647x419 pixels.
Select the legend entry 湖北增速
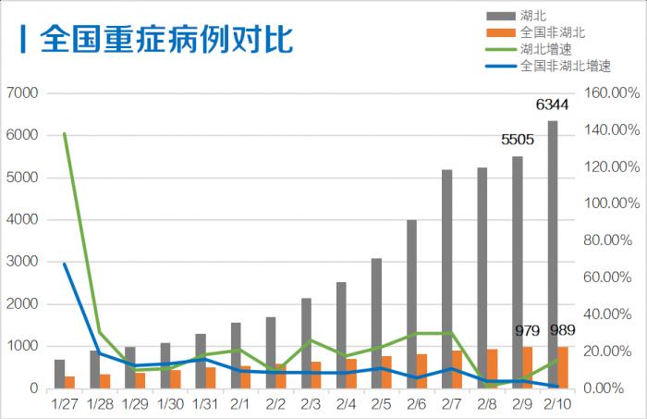point(539,49)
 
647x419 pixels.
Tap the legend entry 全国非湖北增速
point(564,66)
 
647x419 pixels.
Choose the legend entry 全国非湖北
point(551,32)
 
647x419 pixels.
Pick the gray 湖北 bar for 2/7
point(447,278)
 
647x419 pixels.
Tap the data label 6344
point(552,104)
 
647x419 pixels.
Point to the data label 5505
point(518,140)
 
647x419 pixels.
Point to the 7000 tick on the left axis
point(21,93)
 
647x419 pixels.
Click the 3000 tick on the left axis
point(21,263)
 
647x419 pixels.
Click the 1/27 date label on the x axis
point(65,403)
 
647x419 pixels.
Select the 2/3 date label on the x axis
point(310,403)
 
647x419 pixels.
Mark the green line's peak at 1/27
point(64,134)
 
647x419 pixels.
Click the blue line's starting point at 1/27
point(64,265)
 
